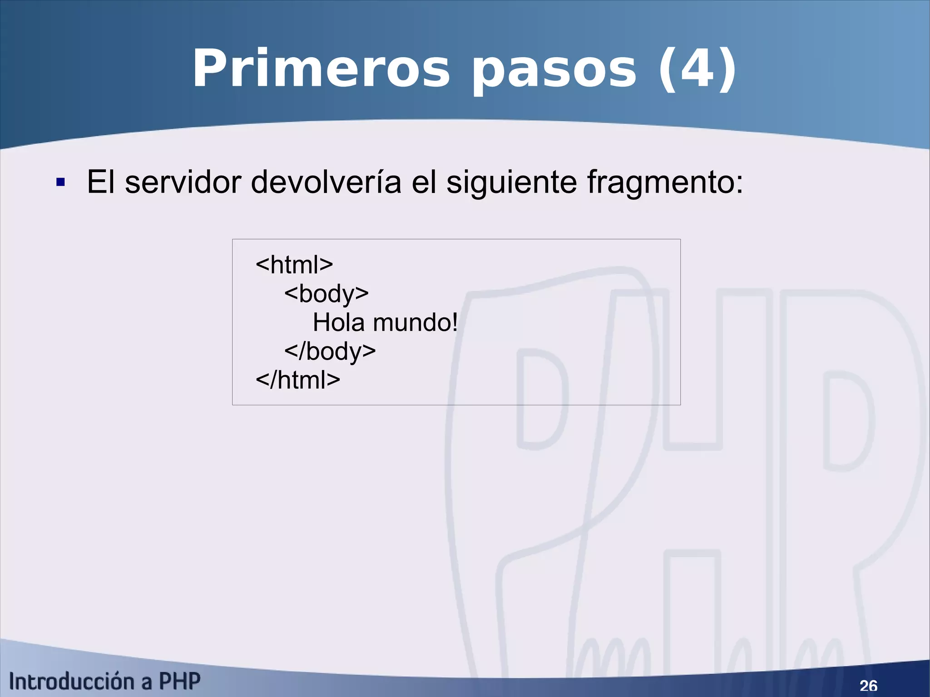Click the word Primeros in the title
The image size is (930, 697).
coord(321,69)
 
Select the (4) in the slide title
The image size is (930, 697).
coord(697,69)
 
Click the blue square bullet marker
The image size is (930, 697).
coord(60,183)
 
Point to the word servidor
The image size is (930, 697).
coord(183,182)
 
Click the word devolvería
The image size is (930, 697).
coord(326,182)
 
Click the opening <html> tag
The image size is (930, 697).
coord(294,264)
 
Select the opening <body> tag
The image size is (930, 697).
coord(326,294)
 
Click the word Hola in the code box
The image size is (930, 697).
coord(339,322)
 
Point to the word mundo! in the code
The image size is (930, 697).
coord(415,322)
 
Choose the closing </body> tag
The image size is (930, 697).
coord(330,351)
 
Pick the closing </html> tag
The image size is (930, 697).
coord(298,380)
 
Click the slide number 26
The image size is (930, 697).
coord(868,685)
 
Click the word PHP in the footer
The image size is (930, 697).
coord(179,682)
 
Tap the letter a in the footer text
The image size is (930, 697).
coord(146,682)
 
